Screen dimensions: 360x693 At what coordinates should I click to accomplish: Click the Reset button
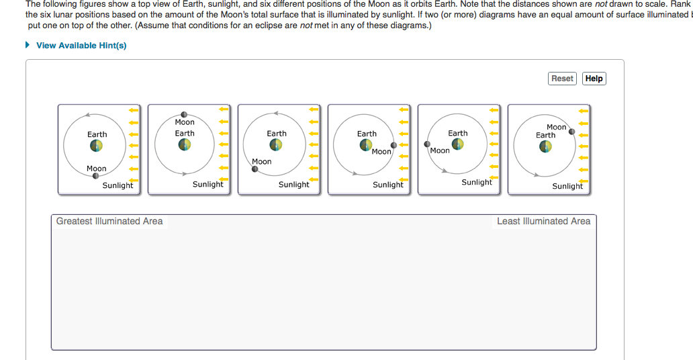tap(562, 79)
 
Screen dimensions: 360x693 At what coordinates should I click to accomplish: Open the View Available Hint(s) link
tap(81, 46)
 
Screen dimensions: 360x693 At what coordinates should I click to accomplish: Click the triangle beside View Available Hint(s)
tap(28, 46)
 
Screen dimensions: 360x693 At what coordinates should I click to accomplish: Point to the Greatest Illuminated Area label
tap(109, 221)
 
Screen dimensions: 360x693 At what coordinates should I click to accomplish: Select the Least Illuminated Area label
tap(543, 221)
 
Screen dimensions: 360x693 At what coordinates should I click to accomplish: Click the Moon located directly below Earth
tap(96, 175)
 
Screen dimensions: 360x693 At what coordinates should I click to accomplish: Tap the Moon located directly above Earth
tap(184, 114)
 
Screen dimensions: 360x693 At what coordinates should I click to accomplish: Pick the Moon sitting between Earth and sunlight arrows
tap(394, 144)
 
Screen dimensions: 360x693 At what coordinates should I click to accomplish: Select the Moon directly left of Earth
tap(427, 144)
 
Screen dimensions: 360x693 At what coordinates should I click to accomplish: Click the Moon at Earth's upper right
tap(571, 132)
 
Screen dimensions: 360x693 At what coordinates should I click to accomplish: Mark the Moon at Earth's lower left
tap(255, 169)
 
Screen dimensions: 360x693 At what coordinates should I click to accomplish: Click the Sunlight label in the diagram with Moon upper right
tap(567, 186)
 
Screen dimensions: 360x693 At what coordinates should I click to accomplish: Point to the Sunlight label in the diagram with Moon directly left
tap(477, 182)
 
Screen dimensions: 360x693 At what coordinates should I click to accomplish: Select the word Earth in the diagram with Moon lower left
tap(277, 134)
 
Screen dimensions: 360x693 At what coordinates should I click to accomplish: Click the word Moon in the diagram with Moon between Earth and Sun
tap(381, 152)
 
